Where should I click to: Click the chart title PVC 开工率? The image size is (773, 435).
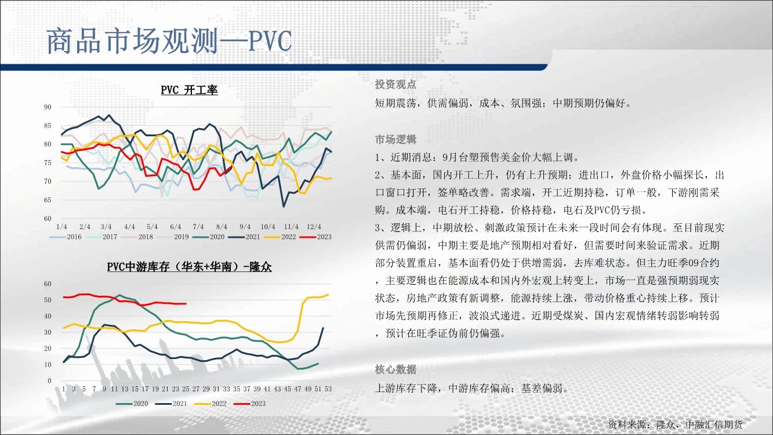(189, 90)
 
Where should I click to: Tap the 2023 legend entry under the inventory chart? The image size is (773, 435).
(249, 404)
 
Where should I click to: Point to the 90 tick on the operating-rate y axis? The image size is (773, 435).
(48, 107)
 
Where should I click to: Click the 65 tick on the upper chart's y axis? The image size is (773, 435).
(48, 200)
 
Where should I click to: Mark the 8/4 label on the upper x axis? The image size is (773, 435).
(222, 227)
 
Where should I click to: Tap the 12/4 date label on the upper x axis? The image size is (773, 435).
(314, 227)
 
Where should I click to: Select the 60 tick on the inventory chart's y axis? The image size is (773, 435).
(48, 284)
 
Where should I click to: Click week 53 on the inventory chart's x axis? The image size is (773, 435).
(328, 389)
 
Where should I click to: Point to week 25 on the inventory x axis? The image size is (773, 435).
(186, 389)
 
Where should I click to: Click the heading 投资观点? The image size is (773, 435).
(395, 85)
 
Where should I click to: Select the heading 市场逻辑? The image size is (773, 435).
(395, 139)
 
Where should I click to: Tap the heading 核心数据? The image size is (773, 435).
(395, 369)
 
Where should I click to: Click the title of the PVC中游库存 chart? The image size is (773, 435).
(189, 267)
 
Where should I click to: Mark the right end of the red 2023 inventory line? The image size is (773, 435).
(186, 304)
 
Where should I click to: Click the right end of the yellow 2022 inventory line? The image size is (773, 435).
(328, 295)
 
